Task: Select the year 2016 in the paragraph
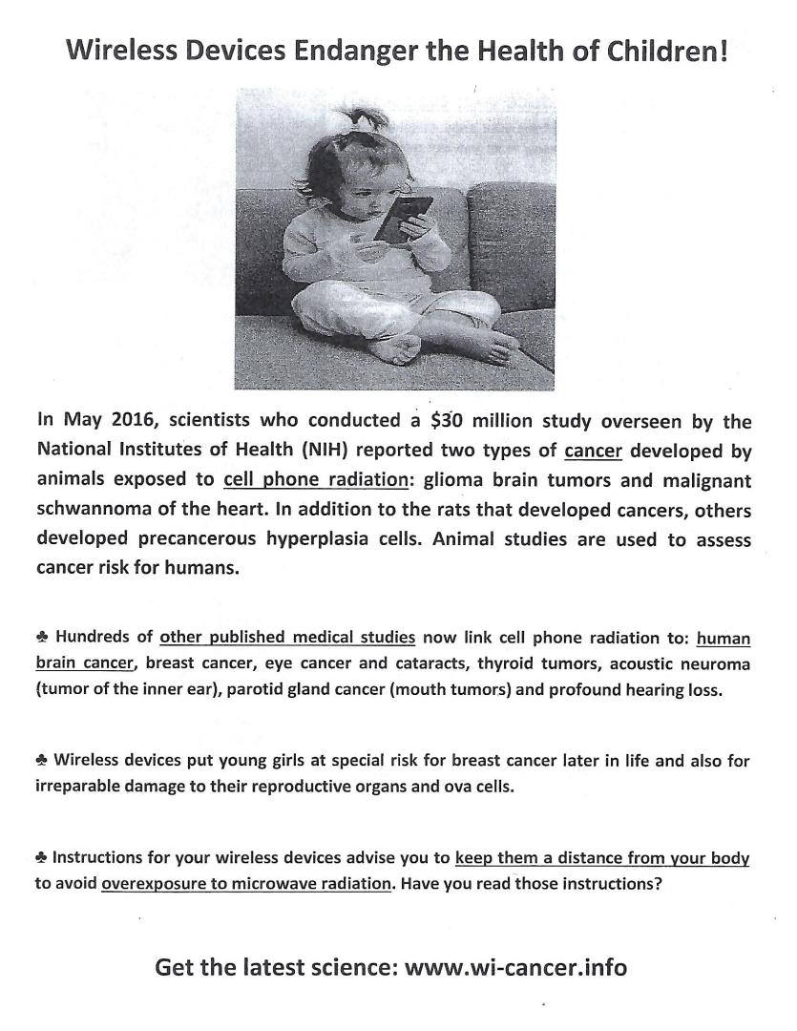139,421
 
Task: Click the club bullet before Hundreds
43,638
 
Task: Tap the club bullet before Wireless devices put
43,761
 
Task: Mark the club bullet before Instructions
43,858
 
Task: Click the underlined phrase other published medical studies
287,638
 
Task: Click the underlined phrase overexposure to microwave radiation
246,883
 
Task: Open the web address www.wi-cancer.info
516,968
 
